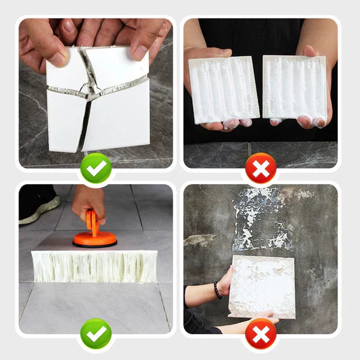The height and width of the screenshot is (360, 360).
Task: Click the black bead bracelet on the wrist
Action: tap(217, 290)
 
